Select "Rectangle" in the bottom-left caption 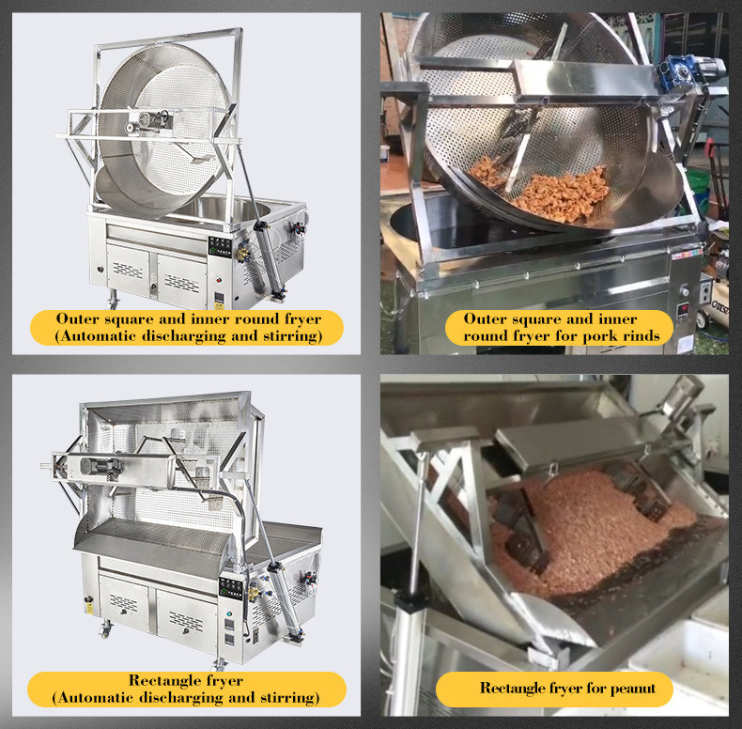(x=161, y=681)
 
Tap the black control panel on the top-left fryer (x=220, y=247)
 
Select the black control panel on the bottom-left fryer (x=231, y=588)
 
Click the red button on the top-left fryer (x=219, y=279)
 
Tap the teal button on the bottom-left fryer (x=229, y=613)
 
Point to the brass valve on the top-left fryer (x=242, y=254)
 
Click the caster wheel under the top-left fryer (x=113, y=301)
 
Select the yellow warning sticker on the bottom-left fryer (x=89, y=608)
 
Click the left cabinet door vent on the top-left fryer (x=128, y=271)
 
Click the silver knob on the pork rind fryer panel (x=684, y=289)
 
